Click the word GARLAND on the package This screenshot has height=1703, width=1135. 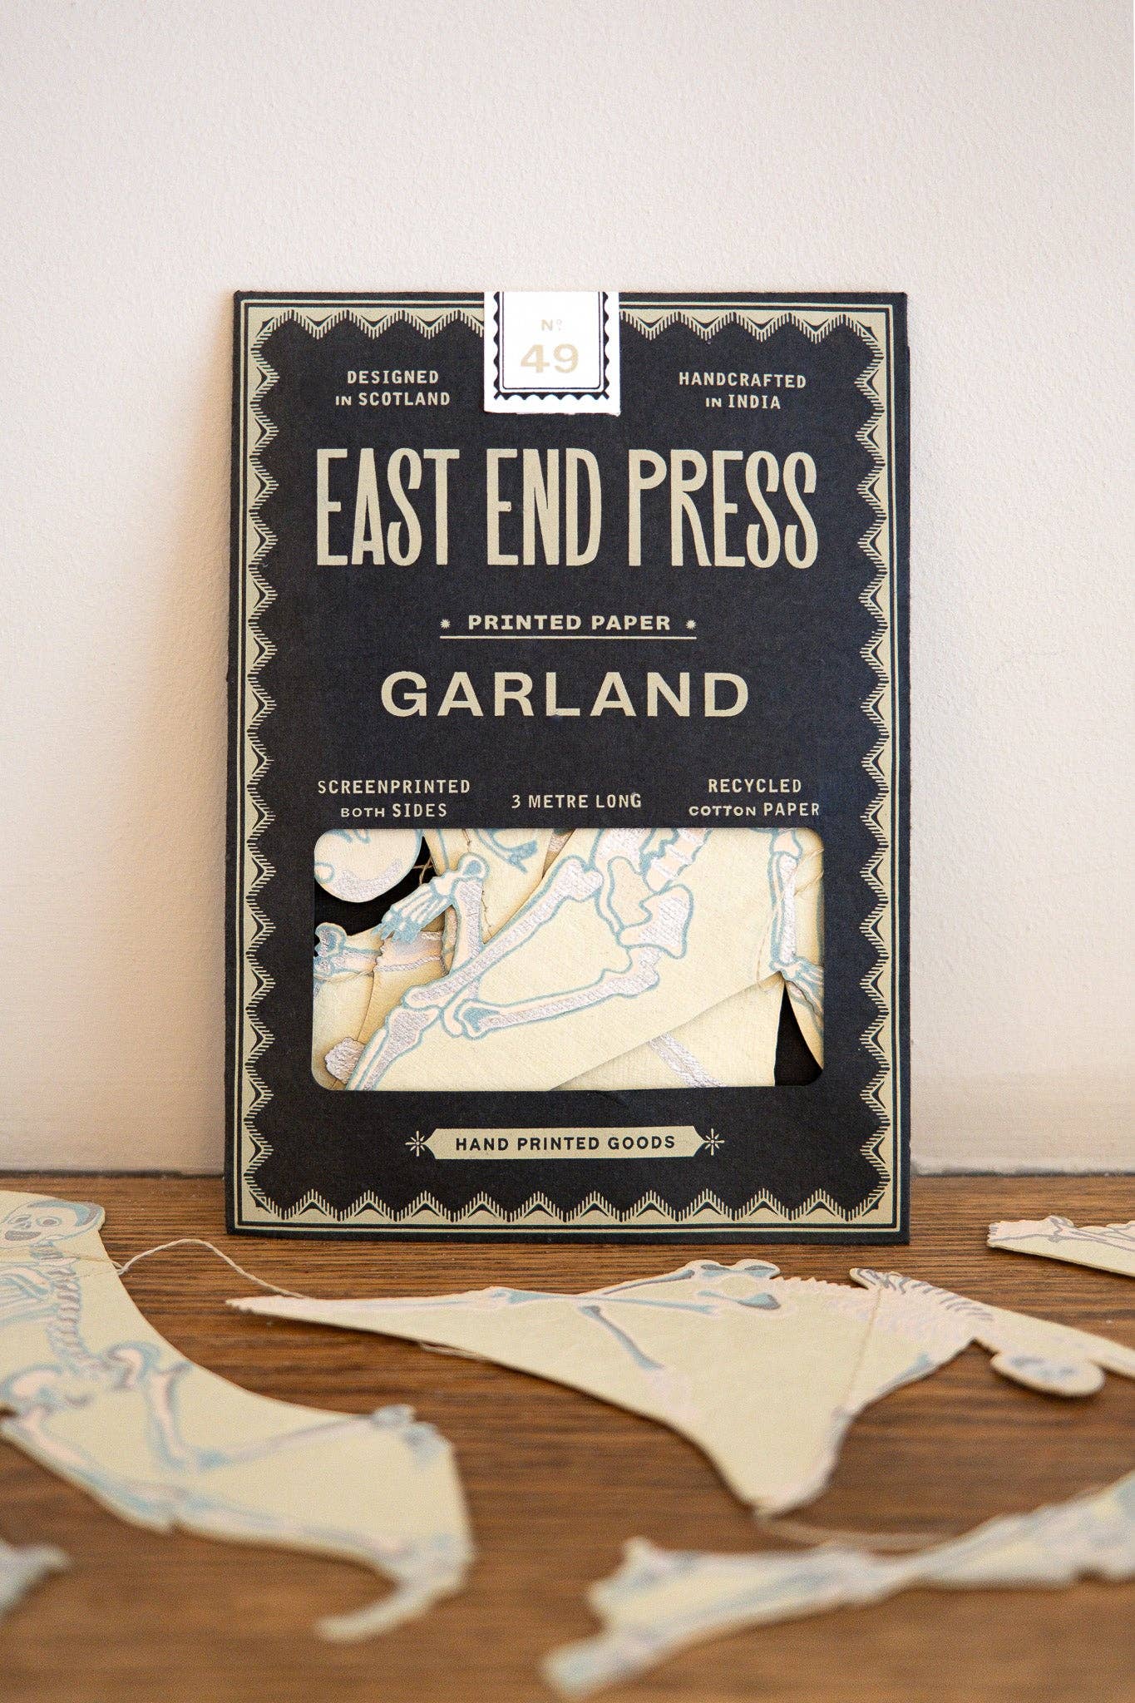tap(565, 694)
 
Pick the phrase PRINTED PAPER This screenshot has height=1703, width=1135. tap(569, 622)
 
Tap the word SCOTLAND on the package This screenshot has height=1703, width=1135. tap(403, 399)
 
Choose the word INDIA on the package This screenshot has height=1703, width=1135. tap(753, 402)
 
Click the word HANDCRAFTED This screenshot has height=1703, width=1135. tap(743, 380)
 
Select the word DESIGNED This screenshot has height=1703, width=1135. tap(392, 378)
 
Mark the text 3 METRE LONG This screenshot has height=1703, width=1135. tap(576, 801)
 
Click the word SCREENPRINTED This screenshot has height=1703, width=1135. tap(394, 787)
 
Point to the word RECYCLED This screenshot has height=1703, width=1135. tap(754, 786)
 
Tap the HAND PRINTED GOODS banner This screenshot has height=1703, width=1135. tap(565, 1143)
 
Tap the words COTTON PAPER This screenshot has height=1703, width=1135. tap(754, 809)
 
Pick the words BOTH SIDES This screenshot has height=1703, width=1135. tap(394, 811)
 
